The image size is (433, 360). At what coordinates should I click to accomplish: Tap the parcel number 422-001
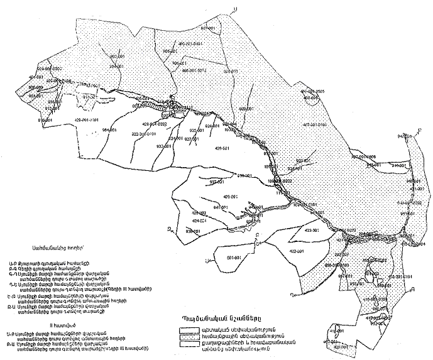(x=297, y=251)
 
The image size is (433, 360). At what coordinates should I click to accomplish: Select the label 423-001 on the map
(x=312, y=231)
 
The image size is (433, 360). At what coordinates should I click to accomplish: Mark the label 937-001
(x=217, y=182)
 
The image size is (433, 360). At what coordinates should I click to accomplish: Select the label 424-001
(x=199, y=221)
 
